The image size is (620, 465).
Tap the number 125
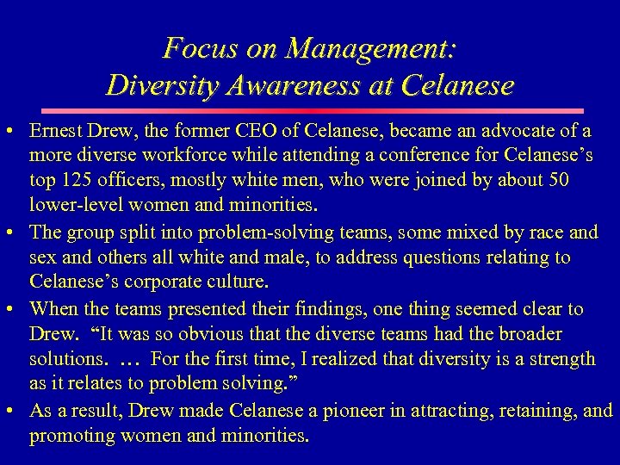point(74,182)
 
